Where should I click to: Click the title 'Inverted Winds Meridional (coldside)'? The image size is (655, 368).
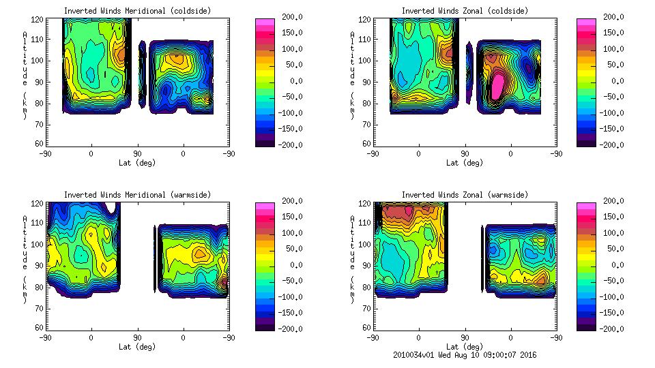pyautogui.click(x=137, y=11)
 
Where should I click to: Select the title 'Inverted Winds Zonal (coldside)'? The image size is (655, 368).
pyautogui.click(x=465, y=11)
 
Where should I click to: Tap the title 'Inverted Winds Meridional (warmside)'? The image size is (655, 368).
pyautogui.click(x=137, y=195)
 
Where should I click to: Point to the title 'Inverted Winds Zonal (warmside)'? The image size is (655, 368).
pyautogui.click(x=465, y=195)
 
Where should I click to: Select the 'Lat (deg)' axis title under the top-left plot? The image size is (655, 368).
pyautogui.click(x=137, y=163)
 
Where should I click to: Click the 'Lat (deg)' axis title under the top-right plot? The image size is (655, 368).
pyautogui.click(x=465, y=163)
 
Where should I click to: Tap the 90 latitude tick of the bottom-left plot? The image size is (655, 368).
pyautogui.click(x=136, y=337)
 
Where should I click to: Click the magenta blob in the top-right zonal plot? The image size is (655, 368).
pyautogui.click(x=498, y=84)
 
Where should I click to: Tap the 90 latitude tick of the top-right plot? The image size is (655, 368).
pyautogui.click(x=464, y=153)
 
